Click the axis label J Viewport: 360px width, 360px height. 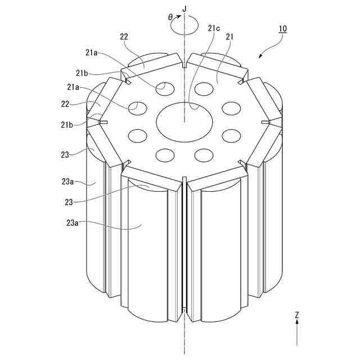[184, 9]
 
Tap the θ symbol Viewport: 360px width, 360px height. [170, 17]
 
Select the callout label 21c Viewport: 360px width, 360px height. [214, 28]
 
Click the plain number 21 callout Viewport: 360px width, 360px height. [229, 37]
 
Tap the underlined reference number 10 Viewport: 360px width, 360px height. [283, 29]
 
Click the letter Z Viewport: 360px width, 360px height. [297, 315]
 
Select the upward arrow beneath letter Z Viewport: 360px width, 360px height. [297, 333]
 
